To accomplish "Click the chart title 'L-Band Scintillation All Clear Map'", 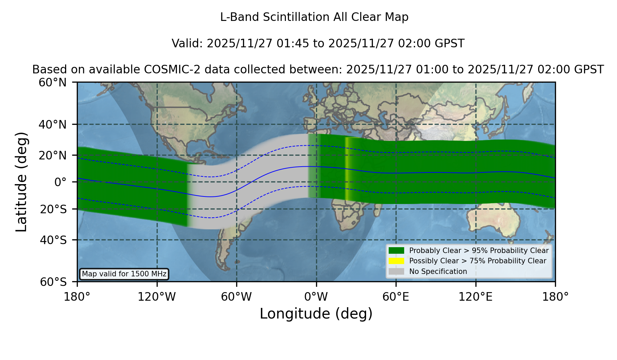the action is pos(314,17).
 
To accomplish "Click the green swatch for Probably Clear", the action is pos(397,251).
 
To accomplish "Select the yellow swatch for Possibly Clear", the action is pos(397,261).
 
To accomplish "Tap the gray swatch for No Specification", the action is pos(397,272).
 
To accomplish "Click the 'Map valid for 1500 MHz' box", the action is pos(124,274).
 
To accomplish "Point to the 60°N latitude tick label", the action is pos(52,83).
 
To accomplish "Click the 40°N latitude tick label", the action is pos(52,124).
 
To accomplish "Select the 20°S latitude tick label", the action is pos(53,209).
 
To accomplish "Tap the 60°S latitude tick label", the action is pos(53,282).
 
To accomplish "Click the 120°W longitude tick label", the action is pos(157,297).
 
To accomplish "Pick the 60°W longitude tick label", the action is pos(237,297).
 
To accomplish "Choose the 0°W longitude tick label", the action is pos(316,297).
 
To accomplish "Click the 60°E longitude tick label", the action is pos(396,297).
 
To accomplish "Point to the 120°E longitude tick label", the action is pos(475,297).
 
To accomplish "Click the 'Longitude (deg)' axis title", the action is pos(316,314).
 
